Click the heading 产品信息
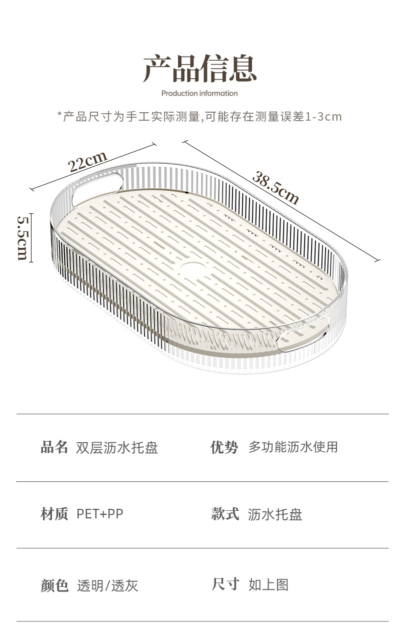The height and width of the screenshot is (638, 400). click(200, 69)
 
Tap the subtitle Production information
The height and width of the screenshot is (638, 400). click(199, 93)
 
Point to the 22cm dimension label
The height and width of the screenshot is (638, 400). click(88, 161)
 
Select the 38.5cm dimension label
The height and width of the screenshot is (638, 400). click(275, 188)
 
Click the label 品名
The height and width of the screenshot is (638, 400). click(54, 447)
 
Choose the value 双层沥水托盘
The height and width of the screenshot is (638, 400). click(117, 448)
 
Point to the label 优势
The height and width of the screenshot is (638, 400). click(224, 447)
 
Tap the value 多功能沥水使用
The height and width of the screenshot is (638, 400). click(293, 447)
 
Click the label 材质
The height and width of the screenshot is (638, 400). click(54, 514)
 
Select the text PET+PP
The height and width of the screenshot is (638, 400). click(100, 514)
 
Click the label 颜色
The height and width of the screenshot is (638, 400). click(54, 585)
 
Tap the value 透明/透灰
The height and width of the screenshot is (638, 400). click(107, 585)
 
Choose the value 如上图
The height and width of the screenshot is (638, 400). click(268, 584)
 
